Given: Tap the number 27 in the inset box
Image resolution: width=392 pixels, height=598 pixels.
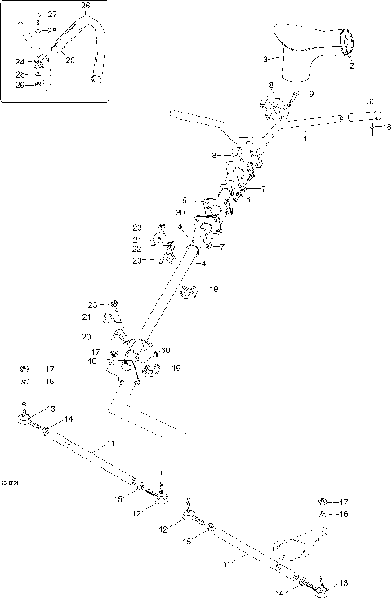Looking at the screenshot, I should coord(52,16).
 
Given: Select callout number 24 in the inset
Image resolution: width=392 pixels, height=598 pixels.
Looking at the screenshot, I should coord(18,60).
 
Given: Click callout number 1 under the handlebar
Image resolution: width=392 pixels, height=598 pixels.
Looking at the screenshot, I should coord(305,140).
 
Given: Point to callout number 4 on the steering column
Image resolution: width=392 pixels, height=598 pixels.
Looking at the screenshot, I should coord(203,263).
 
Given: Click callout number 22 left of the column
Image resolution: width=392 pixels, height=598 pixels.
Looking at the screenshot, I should coord(137,249).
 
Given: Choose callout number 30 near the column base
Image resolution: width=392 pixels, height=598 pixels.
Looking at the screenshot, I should coord(166,350).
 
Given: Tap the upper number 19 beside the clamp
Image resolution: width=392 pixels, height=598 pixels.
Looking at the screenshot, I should coord(213,289).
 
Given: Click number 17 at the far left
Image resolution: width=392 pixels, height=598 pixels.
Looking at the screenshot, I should coord(49,368).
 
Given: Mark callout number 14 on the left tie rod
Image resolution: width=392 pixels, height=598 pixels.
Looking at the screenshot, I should coord(69,419).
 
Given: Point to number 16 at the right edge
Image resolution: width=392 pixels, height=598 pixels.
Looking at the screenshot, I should coord(343,514).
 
